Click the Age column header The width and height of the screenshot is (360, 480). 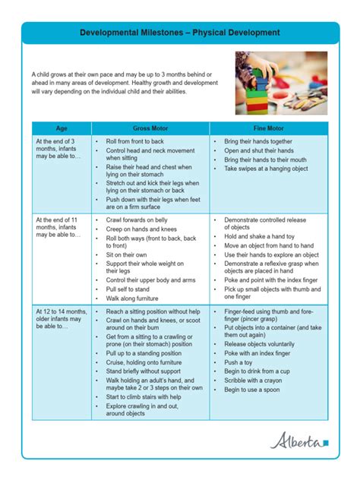point(62,128)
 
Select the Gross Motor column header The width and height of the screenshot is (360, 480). point(150,128)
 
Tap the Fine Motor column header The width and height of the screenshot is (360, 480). point(269,128)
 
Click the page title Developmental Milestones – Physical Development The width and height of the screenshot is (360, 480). point(180,33)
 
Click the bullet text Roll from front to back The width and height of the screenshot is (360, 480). point(134,141)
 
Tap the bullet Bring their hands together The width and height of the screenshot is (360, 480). point(257,141)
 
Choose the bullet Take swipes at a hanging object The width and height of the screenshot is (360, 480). point(266,169)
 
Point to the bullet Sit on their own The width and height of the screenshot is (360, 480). point(126,254)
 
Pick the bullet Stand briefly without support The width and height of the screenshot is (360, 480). point(144,371)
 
